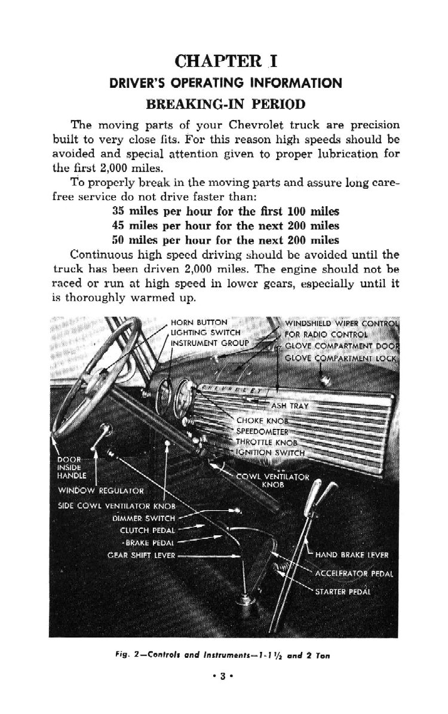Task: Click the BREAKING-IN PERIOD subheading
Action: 226,104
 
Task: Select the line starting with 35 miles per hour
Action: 226,212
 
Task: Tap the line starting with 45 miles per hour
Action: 226,226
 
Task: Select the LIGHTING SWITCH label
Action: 205,332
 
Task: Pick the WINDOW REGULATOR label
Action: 101,491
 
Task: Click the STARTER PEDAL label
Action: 343,592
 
